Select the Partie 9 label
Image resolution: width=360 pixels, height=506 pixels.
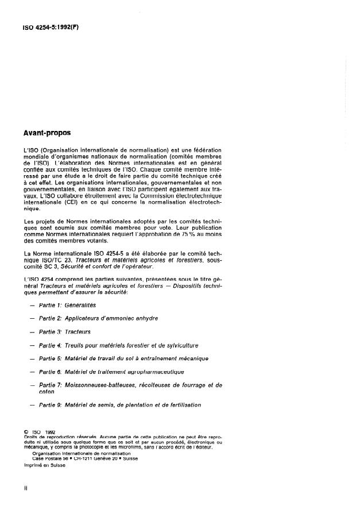click(x=50, y=405)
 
